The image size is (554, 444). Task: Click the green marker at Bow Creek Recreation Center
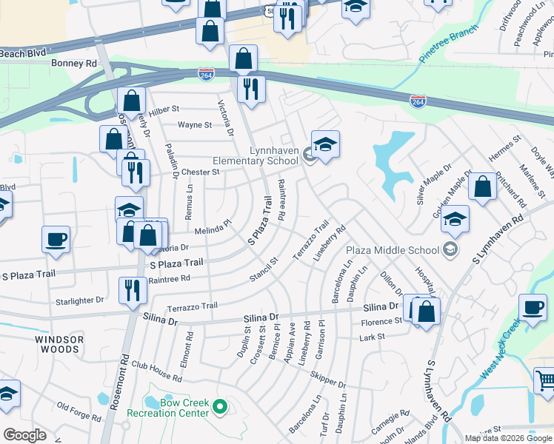219,406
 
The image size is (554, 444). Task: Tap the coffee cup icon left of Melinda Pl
56,240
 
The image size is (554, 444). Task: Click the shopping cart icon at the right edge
545,380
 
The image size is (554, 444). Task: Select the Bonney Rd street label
74,64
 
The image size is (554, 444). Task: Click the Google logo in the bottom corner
25,435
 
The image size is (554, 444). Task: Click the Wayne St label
196,125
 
